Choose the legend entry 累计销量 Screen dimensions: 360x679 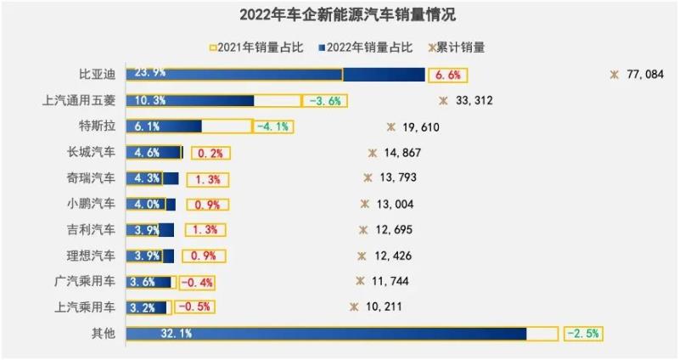click(x=462, y=48)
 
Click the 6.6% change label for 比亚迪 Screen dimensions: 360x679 click(x=447, y=75)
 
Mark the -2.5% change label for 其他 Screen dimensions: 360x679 click(x=582, y=334)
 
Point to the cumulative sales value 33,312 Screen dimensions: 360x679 click(x=474, y=101)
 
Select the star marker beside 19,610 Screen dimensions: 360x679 click(x=390, y=127)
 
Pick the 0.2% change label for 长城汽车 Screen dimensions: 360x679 click(x=209, y=154)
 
